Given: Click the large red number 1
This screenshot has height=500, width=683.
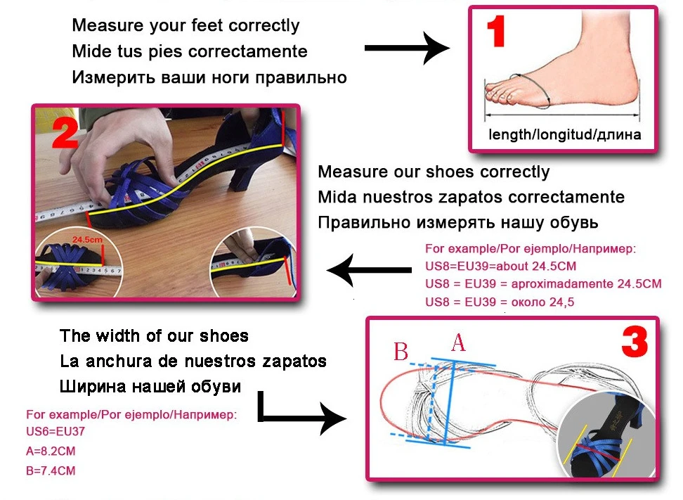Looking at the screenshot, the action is tap(497, 33).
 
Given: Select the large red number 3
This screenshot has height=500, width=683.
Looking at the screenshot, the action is tap(635, 344).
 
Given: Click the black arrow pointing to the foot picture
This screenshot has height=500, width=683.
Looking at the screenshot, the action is tap(407, 49).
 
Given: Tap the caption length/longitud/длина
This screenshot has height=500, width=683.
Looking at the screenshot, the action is tap(564, 134).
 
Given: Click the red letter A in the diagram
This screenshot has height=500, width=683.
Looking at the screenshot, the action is tap(458, 344).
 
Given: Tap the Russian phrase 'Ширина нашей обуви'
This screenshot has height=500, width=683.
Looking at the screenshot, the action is tap(150, 387).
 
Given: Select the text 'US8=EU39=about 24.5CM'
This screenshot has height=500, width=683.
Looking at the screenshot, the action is tap(501, 267).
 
